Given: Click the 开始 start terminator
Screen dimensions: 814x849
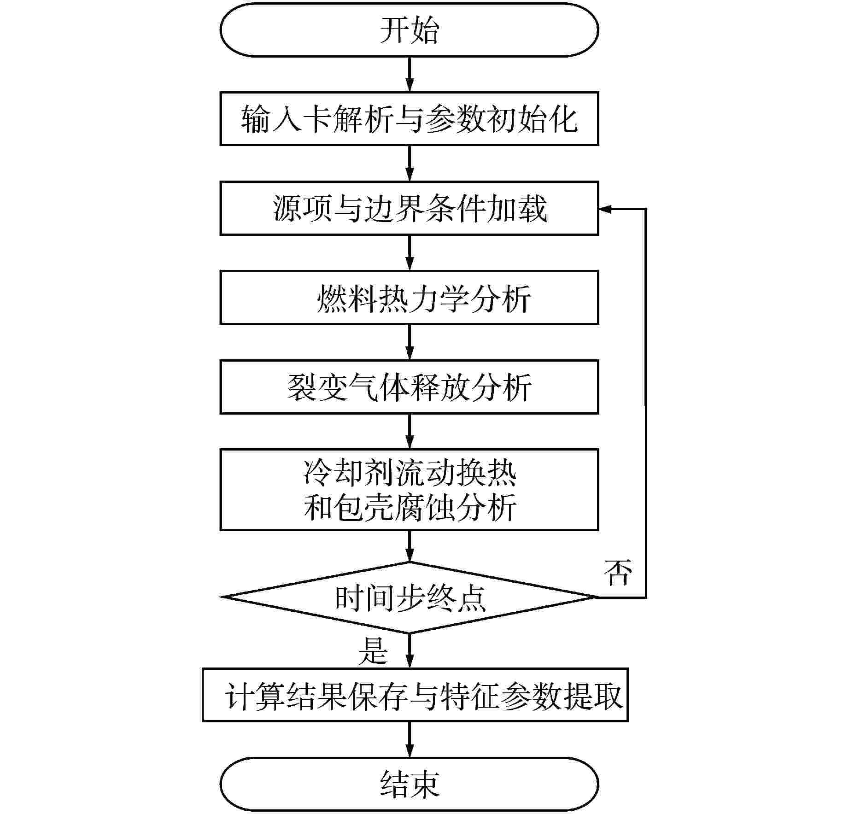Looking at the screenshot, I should [409, 30].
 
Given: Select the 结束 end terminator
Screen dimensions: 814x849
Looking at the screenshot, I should [409, 784].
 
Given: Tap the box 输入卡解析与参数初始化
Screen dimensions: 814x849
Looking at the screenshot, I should [409, 119].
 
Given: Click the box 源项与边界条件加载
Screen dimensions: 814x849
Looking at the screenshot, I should [409, 208].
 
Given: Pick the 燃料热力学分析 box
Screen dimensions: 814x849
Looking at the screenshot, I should [409, 298].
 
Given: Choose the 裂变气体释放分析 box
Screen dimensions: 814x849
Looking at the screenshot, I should [409, 387].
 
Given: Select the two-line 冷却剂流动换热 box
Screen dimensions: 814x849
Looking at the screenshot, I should [409, 489].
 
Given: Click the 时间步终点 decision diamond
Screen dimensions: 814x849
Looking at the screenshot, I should [409, 597].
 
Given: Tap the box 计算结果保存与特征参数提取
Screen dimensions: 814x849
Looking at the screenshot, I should [415, 695].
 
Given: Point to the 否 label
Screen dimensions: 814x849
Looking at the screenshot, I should [617, 573].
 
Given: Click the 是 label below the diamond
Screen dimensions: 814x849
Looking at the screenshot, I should [373, 650].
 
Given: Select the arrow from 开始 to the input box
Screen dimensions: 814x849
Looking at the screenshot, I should [409, 74].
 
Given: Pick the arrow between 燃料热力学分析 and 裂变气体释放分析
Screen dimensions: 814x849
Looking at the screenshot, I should [409, 342].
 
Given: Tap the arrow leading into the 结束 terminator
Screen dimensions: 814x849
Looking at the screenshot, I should [409, 739].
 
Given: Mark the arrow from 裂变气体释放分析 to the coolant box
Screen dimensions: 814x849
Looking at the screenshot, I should [409, 432].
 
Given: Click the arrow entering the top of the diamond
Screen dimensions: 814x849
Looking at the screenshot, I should [409, 546].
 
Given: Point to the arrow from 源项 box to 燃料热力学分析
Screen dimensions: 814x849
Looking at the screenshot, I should [409, 253].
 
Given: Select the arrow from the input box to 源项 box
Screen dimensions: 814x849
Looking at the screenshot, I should [409, 164].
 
